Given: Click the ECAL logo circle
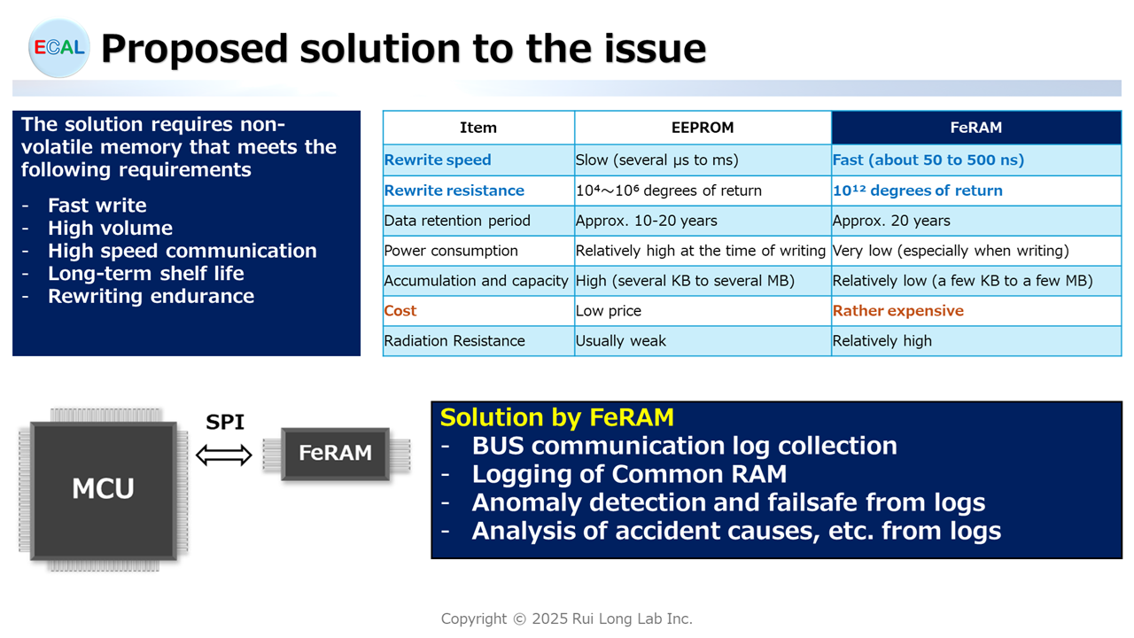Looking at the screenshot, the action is pos(58,48).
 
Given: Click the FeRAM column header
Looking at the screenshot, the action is pos(975,128).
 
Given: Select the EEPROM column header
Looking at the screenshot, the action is pos(703,128).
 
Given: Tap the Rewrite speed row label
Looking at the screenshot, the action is pos(438,160).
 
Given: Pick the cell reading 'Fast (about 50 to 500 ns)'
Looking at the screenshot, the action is pos(928,160).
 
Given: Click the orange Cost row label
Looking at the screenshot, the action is pos(400,310).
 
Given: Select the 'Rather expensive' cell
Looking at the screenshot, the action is pos(898,310).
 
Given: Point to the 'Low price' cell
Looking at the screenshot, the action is pos(608,310).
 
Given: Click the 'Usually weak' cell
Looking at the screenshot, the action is pos(621,341).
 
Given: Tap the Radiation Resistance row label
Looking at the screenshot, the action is pos(454,341).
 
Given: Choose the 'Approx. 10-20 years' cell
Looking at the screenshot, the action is pos(646,221).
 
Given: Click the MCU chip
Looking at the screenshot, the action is pos(104,490).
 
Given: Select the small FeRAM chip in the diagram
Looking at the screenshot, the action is pos(336,453).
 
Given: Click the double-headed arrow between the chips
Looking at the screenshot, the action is pos(224,455).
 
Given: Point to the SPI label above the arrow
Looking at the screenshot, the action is pos(225,422).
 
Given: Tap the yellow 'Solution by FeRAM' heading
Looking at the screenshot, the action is pos(557,417).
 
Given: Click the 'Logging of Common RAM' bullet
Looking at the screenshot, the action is pos(629,474).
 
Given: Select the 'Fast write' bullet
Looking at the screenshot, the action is pos(97,206).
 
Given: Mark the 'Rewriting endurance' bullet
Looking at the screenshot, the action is pos(151,296).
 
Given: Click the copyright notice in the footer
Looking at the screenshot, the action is pos(566,619).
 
